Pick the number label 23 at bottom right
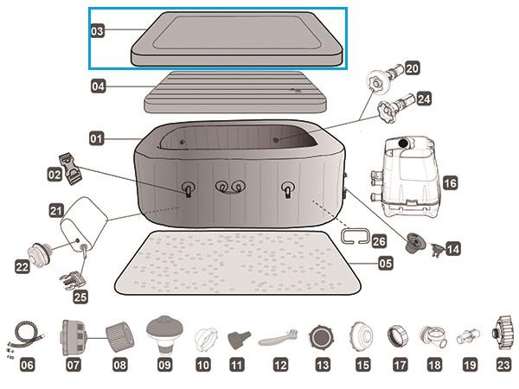tap(503, 366)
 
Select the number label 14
tap(452, 248)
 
